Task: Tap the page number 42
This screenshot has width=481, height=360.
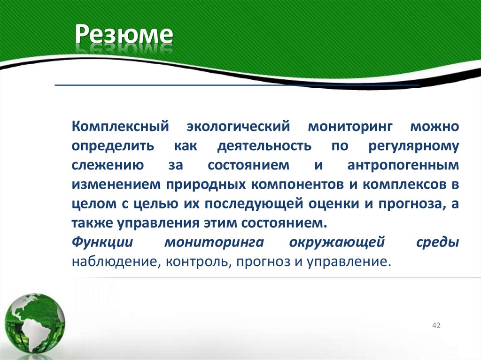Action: point(436,326)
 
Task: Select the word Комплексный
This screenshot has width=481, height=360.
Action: point(120,126)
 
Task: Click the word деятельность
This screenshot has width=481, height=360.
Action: point(264,146)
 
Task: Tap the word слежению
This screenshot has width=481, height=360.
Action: point(104,165)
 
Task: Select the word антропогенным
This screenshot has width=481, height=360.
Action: point(403,165)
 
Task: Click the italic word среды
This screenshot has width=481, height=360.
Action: point(438,242)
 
